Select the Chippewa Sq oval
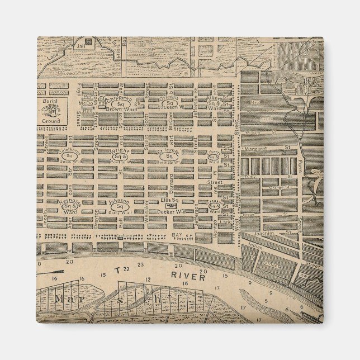click(119, 103)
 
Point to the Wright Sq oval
click(119, 157)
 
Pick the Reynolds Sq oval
click(70, 207)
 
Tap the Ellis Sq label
click(169, 200)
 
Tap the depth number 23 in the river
click(140, 264)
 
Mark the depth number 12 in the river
click(148, 279)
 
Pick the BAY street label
click(178, 235)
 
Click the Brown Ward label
click(119, 111)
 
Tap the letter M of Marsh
click(59, 299)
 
